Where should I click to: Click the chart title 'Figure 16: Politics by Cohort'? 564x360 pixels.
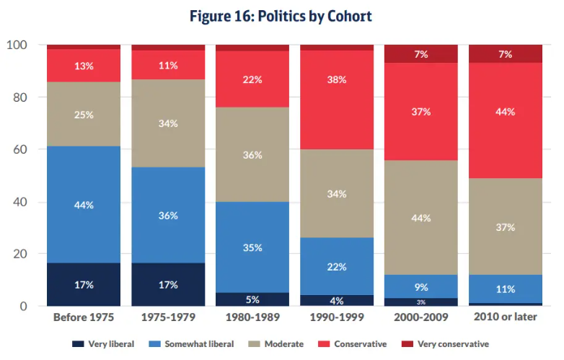(281, 15)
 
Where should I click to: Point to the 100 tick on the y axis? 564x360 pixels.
(17, 45)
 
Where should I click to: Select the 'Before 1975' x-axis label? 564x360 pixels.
(84, 318)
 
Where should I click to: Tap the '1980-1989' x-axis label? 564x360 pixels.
(252, 318)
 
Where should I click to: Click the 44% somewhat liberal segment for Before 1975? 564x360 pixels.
(84, 204)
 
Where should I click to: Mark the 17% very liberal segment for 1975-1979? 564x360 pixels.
(168, 284)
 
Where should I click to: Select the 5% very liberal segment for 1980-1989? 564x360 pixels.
(252, 299)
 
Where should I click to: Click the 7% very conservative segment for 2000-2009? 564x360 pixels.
(421, 54)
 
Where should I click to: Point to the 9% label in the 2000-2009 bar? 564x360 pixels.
(421, 286)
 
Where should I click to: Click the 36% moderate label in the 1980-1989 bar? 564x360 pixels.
(252, 155)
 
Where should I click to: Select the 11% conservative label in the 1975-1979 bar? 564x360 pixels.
(168, 65)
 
